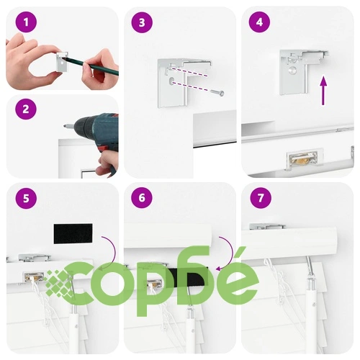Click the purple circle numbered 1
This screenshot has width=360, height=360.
(x=26, y=22)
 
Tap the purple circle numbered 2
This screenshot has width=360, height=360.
(x=26, y=109)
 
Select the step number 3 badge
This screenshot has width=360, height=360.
(x=142, y=22)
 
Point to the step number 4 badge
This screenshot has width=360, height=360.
(x=259, y=22)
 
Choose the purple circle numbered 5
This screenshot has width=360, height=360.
(x=26, y=198)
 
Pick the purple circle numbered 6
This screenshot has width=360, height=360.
(x=142, y=198)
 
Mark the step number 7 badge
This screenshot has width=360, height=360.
(x=261, y=198)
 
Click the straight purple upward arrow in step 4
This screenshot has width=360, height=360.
(x=324, y=91)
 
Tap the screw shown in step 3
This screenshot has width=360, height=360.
(x=217, y=93)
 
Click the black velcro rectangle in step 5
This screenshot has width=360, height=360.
(x=73, y=234)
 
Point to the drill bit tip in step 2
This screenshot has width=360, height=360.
(x=65, y=125)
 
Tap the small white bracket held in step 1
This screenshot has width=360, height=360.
(x=62, y=62)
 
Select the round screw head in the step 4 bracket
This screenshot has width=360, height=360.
(x=292, y=71)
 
